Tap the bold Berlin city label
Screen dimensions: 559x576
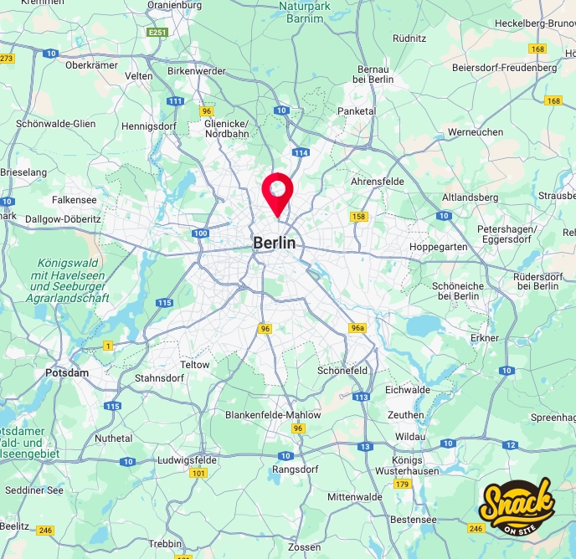coord(275,244)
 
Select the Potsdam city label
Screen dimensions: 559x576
coord(67,372)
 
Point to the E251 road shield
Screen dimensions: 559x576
coord(157,33)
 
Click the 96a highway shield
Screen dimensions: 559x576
coord(358,328)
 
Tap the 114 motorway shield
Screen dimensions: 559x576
coord(301,152)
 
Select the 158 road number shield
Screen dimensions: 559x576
coord(359,217)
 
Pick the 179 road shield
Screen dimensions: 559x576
coord(403,485)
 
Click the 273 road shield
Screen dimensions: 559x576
coord(7,58)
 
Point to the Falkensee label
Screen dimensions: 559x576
coord(75,200)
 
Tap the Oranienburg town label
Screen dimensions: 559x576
coord(174,5)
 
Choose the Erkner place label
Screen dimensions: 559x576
coord(484,338)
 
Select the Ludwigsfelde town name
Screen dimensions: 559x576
coord(188,459)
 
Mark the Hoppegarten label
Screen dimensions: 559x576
coord(438,247)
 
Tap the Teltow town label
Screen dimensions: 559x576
coord(195,365)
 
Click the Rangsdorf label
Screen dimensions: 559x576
coord(293,469)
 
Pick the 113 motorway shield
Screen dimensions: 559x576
coord(362,397)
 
